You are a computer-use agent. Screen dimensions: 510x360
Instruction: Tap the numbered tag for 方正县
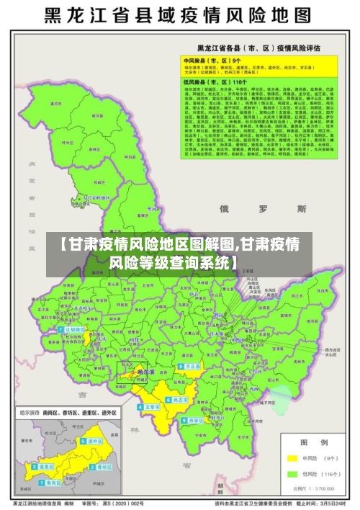[x=190, y=366]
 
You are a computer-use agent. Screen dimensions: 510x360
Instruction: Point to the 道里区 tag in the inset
[x=43, y=467]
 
